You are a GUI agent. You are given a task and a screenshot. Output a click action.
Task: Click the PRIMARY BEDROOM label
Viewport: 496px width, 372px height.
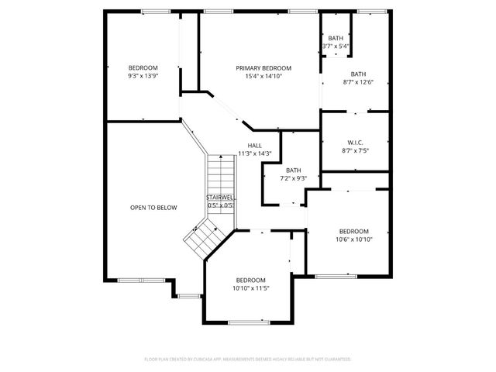pos(263,68)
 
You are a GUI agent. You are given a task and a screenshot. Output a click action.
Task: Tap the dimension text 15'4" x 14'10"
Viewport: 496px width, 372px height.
pos(263,76)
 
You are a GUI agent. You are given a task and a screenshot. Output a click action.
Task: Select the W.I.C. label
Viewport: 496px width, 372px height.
pos(356,142)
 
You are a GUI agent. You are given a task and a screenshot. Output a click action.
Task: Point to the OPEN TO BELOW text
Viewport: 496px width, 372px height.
pos(153,208)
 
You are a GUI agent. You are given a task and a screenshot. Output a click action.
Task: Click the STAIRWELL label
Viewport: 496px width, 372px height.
pos(221,198)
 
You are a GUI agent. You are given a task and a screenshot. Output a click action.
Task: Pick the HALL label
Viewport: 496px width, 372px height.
pos(255,145)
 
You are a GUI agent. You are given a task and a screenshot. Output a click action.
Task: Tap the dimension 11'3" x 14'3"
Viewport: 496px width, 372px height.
pos(255,153)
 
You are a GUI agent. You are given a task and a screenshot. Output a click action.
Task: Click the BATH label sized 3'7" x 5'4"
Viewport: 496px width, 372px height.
pos(336,38)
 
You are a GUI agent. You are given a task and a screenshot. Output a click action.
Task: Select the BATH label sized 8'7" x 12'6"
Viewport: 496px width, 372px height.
pos(358,74)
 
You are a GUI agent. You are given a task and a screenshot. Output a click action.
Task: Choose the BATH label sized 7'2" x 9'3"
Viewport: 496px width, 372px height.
pos(293,170)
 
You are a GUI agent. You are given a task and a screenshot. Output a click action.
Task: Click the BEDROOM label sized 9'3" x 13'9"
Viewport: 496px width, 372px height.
pos(143,67)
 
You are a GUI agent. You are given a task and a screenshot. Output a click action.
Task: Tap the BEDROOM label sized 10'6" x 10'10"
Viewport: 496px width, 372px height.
pos(353,231)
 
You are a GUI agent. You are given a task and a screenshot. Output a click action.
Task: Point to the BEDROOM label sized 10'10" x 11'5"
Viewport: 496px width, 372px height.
pos(251,280)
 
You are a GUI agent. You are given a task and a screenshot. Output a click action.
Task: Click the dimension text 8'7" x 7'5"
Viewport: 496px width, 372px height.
pos(356,150)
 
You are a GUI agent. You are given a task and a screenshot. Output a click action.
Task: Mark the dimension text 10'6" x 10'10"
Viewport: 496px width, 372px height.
pos(353,239)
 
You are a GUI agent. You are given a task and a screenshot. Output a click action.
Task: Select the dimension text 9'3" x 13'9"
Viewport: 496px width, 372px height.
pos(143,76)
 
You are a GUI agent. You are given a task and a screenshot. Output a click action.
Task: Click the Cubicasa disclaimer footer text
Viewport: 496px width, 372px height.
pos(248,360)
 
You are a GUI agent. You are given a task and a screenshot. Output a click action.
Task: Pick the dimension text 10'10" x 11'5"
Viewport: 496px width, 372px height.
pos(251,288)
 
